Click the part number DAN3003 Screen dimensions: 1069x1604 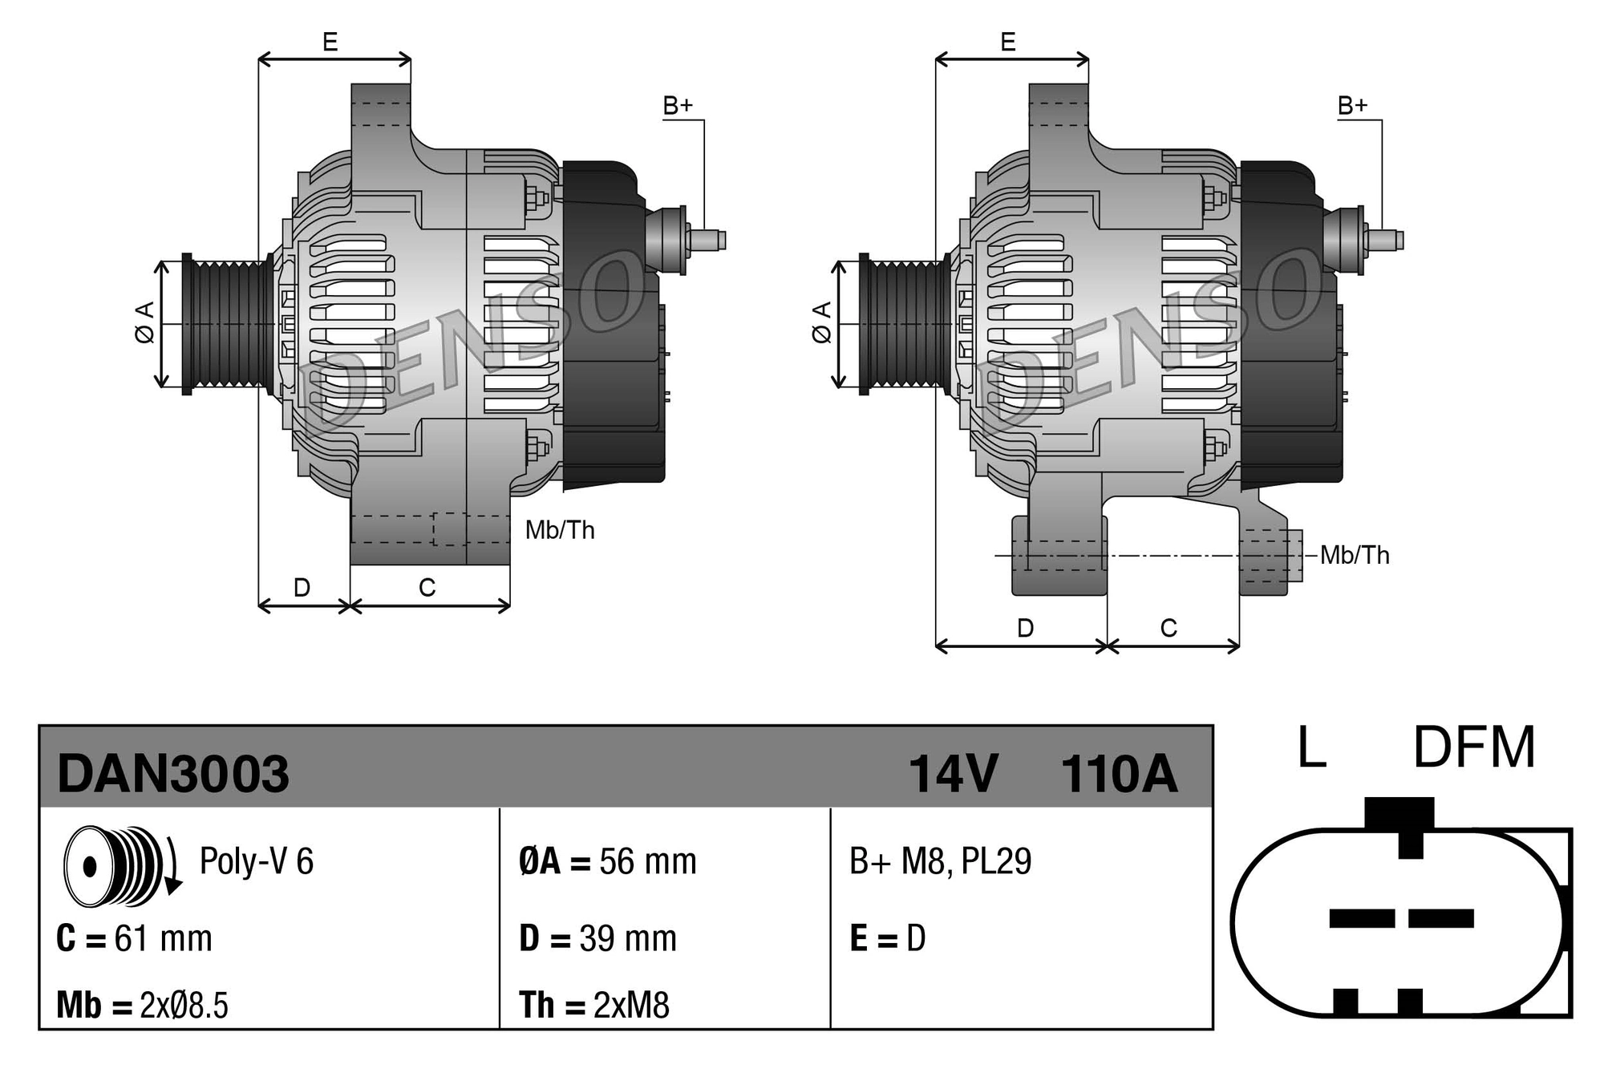[172, 774]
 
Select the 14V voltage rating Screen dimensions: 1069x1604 [953, 774]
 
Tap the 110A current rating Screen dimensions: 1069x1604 [1119, 774]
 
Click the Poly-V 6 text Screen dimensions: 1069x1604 [256, 861]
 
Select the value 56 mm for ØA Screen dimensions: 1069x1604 [648, 861]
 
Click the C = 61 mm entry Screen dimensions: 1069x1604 [134, 938]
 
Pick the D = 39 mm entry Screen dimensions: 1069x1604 [597, 938]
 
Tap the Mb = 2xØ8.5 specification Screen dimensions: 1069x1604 [142, 1005]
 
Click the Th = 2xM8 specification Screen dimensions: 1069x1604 [593, 1005]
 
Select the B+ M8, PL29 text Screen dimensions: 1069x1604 [940, 861]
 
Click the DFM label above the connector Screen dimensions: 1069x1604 [1473, 748]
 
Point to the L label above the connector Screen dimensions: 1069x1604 [1311, 748]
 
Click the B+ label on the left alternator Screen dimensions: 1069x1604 [678, 106]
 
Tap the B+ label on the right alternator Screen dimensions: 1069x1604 [1352, 106]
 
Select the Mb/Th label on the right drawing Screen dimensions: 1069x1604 [1355, 555]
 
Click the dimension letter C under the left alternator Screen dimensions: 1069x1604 [427, 588]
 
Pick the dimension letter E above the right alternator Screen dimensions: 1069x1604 [1008, 42]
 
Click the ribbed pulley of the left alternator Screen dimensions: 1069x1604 [229, 324]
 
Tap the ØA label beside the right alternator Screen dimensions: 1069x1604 [822, 322]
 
